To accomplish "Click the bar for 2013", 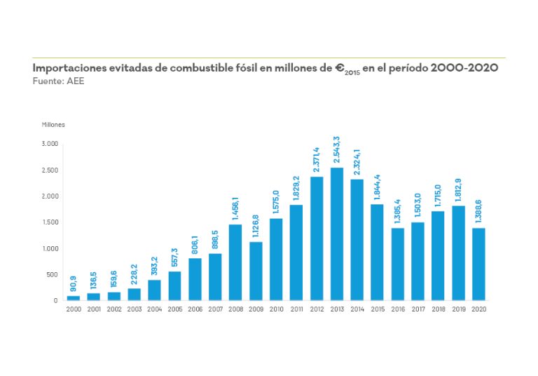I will [337, 234].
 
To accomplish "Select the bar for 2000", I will [73, 297].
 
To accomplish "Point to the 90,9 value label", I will [73, 283].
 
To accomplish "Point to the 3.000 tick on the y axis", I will [50, 144].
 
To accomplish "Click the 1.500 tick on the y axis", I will [50, 222].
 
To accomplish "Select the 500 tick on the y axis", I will [53, 274].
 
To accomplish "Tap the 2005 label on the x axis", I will [174, 309].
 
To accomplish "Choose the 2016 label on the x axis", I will [398, 309].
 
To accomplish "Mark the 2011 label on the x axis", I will [296, 309].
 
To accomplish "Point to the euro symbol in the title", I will [340, 68].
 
